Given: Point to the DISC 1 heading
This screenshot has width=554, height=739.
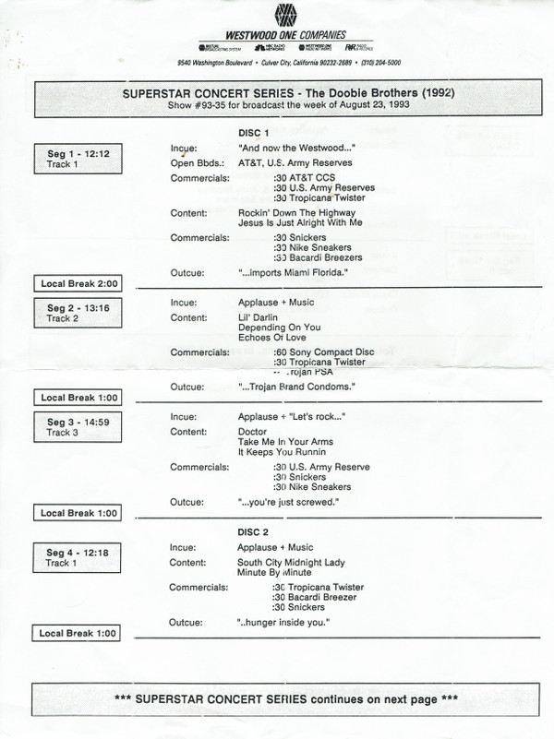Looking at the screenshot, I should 254,132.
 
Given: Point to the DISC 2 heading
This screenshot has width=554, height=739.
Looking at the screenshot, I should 254,533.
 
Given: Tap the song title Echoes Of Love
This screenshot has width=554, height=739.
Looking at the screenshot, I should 270,339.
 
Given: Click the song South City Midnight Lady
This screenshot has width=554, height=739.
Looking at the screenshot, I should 291,562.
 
